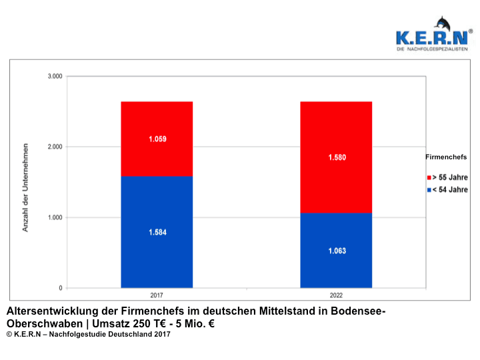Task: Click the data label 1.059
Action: point(157,139)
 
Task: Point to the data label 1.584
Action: point(157,233)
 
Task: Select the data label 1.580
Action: point(337,158)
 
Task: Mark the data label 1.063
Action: point(337,251)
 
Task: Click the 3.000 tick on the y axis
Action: point(55,77)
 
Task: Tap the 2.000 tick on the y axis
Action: point(55,147)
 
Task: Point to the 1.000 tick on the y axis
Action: point(55,217)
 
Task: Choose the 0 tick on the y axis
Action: point(60,288)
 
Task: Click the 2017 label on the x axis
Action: point(157,295)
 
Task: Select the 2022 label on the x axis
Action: point(336,295)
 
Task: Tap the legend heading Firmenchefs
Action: point(446,157)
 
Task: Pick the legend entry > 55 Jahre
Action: point(451,178)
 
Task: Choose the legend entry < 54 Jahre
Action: point(451,190)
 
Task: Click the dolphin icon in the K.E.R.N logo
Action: point(441,25)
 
